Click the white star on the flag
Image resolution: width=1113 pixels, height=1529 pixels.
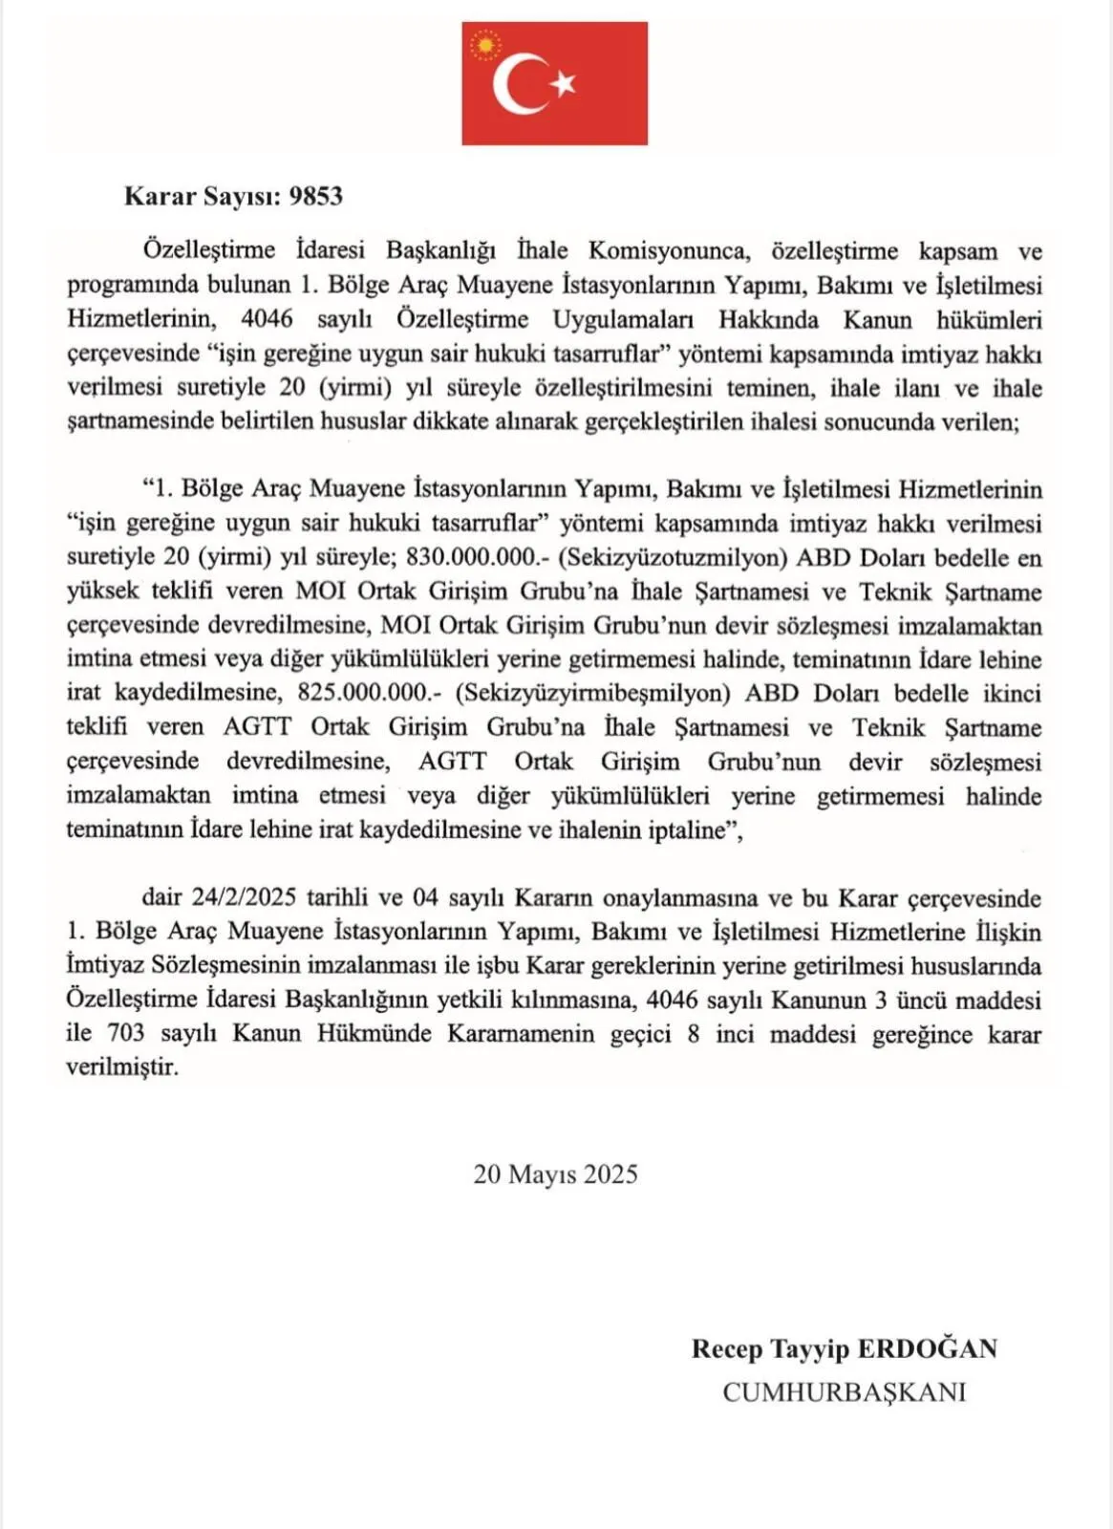click(564, 84)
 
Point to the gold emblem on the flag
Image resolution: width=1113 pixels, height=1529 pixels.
click(487, 44)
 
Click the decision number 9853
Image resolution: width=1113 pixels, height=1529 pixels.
click(315, 197)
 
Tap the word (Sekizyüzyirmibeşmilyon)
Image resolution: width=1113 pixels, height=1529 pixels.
click(592, 694)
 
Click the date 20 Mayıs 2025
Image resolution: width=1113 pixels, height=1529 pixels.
click(555, 1174)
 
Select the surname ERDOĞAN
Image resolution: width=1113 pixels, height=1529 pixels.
click(927, 1349)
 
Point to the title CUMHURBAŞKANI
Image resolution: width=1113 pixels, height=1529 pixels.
click(844, 1392)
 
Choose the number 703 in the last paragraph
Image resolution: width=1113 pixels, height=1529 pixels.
click(126, 1034)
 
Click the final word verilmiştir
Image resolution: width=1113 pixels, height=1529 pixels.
click(122, 1067)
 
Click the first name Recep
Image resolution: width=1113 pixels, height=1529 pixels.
click(727, 1349)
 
